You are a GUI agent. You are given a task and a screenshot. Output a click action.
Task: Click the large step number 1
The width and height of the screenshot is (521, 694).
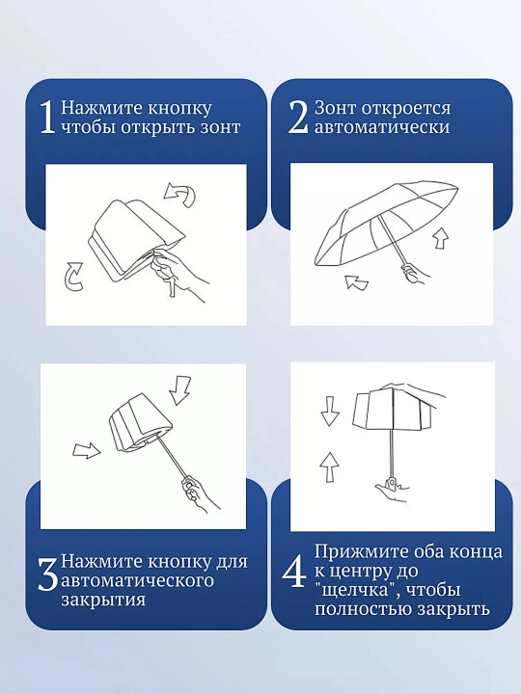47,118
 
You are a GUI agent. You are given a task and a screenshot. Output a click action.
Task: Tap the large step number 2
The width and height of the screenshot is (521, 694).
298,117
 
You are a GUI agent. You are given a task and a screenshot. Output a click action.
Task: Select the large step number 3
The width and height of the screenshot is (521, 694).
48,574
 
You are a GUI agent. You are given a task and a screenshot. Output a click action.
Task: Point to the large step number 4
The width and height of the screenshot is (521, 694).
293,572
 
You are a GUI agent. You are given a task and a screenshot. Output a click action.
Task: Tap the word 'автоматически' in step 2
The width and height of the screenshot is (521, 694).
382,127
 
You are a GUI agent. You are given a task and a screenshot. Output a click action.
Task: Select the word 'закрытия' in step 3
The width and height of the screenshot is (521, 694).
103,601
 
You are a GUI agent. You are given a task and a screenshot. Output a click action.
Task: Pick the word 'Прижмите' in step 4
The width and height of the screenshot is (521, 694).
362,552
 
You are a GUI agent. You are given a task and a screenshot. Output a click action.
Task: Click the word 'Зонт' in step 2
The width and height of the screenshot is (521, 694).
335,108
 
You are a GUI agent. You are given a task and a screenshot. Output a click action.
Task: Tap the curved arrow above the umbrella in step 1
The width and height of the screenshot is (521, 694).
179,194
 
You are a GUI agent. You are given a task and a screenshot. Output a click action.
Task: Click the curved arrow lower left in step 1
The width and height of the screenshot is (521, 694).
72,277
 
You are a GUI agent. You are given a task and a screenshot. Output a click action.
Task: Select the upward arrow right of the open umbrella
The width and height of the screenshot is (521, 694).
441,238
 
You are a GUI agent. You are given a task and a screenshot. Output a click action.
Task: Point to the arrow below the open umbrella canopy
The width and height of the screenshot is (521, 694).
356,282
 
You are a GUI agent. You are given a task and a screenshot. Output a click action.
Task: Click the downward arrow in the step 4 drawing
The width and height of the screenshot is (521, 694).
330,412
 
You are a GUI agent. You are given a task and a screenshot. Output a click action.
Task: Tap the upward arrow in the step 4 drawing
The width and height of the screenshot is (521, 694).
329,467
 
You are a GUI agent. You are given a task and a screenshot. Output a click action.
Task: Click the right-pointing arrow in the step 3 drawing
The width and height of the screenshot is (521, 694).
87,450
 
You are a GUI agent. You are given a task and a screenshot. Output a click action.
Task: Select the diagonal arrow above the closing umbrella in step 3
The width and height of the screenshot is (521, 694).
180,390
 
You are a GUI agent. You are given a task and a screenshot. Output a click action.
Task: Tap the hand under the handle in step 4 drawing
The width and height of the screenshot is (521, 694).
391,491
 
